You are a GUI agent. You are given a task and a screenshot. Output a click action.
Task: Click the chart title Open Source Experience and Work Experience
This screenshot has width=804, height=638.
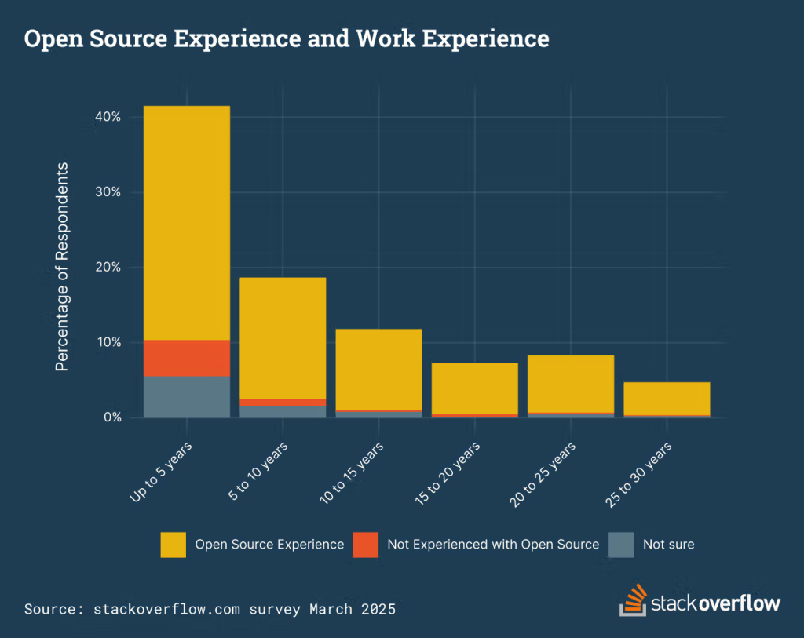point(287,38)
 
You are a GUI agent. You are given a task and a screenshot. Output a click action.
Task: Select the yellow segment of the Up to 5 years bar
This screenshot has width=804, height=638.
point(187,223)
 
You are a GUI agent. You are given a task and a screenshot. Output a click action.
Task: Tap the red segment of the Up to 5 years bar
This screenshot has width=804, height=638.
point(187,358)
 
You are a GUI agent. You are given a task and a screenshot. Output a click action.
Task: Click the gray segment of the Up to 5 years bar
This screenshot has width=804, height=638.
point(187,397)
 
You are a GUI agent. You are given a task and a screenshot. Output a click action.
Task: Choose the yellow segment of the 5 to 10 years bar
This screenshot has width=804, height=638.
point(283,338)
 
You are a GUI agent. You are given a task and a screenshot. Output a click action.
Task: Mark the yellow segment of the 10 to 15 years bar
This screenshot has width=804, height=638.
point(378,369)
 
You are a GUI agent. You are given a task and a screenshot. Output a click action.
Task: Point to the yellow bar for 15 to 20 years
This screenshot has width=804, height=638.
point(475,388)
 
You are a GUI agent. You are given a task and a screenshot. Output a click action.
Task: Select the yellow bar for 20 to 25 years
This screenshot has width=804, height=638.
point(571,384)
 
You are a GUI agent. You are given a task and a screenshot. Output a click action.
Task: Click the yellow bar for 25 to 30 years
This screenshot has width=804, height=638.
point(667,398)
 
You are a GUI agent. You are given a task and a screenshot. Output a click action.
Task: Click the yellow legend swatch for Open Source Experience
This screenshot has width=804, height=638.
point(173,545)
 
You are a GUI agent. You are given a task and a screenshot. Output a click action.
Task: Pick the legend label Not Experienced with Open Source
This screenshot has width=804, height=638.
point(493,545)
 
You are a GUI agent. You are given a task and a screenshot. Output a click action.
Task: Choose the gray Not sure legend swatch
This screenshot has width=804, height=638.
point(622,545)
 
